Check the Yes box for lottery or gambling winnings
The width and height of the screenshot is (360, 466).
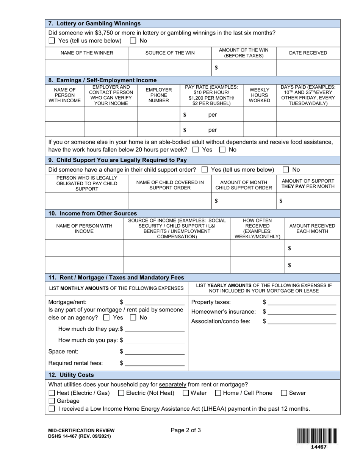(x=52, y=41)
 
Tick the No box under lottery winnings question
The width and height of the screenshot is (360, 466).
(x=133, y=41)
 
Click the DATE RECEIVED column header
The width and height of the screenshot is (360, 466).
(x=308, y=53)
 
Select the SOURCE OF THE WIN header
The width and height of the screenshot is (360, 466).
(x=170, y=53)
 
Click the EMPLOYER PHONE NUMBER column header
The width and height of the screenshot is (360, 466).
(x=158, y=95)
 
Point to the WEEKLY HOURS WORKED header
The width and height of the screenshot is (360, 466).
(x=259, y=95)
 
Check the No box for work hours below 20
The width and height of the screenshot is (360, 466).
(x=222, y=150)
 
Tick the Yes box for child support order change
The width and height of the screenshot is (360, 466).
(x=204, y=170)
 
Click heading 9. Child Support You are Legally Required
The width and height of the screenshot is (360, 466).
(x=117, y=160)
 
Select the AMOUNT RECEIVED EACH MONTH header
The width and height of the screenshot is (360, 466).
(x=312, y=228)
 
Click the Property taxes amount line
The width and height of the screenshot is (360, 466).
(x=302, y=302)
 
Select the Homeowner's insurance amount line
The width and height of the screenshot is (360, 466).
(x=302, y=312)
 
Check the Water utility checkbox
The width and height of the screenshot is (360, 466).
(x=186, y=393)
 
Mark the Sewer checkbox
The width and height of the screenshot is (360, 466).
(x=284, y=393)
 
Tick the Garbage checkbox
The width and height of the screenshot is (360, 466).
(x=52, y=401)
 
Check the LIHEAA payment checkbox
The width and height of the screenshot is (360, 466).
(x=52, y=409)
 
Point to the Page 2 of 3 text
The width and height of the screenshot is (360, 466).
(x=186, y=430)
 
